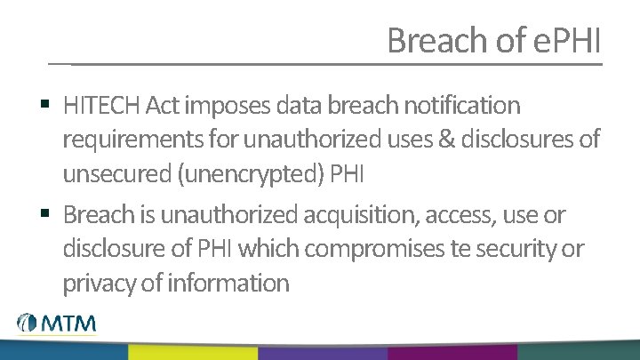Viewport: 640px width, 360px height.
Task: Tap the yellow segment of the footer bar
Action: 192,352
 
